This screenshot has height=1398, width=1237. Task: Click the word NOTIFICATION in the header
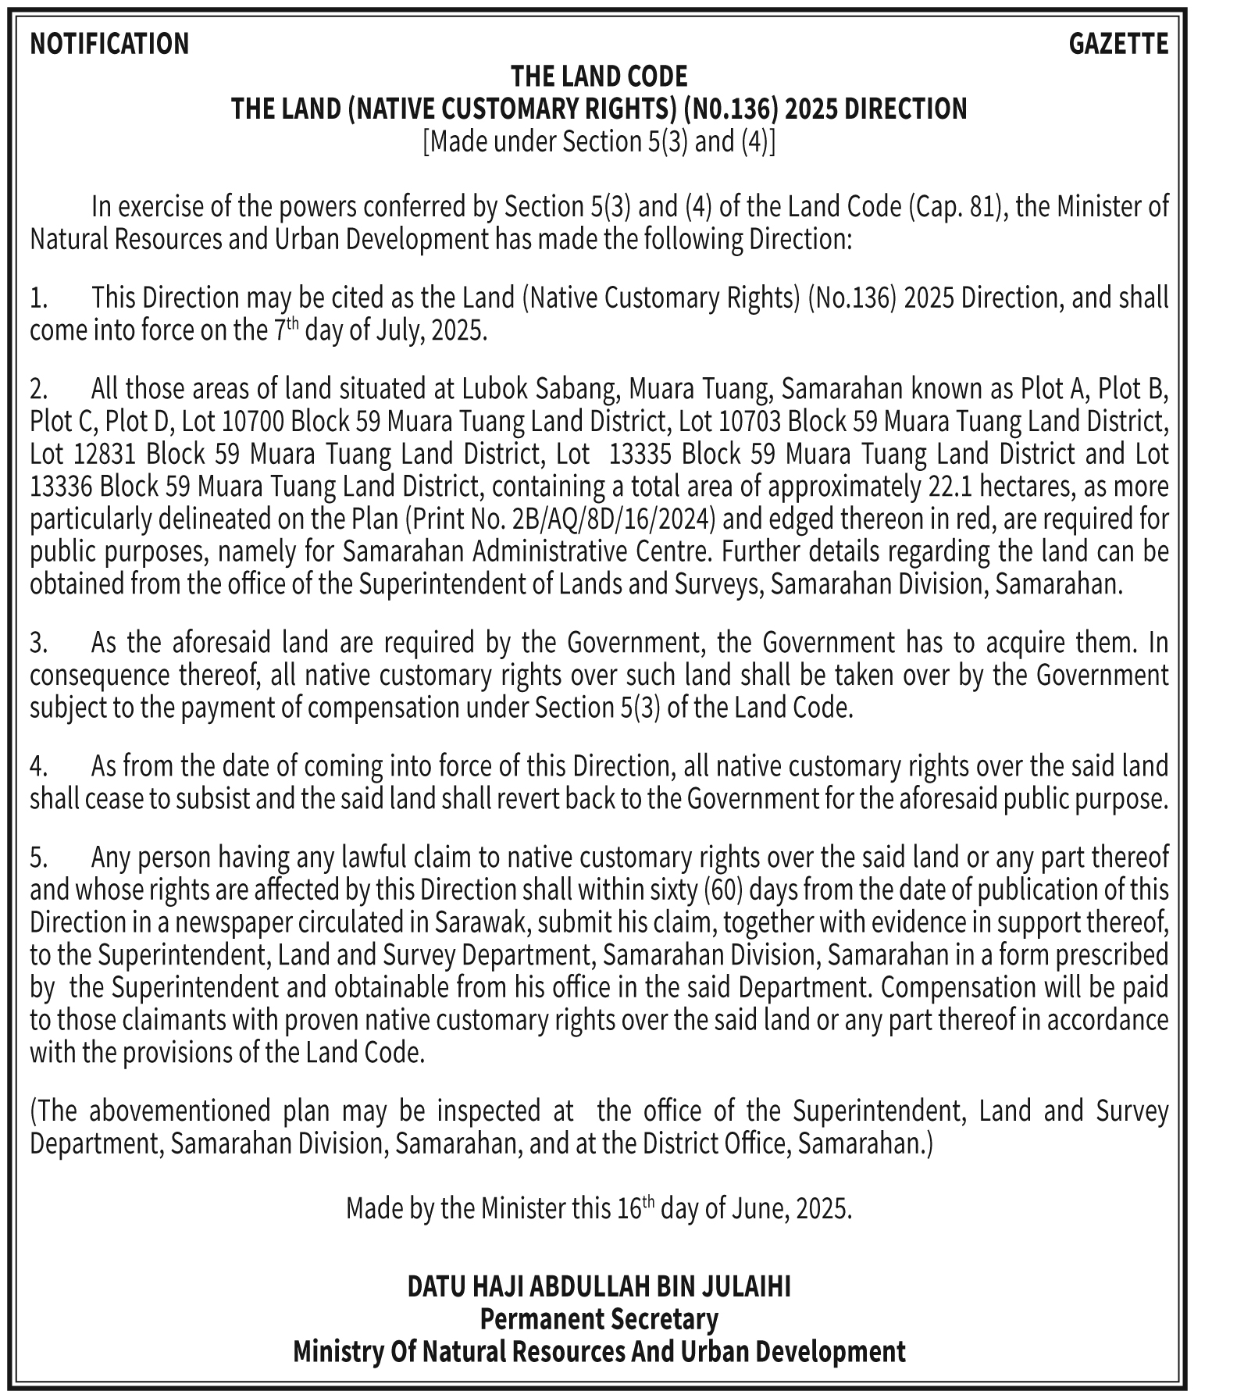(109, 44)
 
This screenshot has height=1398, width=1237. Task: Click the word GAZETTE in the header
(1118, 44)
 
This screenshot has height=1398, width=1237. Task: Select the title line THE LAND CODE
(599, 77)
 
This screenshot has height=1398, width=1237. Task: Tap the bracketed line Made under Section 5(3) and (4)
(599, 142)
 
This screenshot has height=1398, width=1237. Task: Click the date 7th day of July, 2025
(380, 330)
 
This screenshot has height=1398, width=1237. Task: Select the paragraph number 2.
(39, 388)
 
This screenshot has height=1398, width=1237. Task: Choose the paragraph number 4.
(39, 766)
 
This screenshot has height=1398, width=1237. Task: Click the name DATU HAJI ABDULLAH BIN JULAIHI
(599, 1286)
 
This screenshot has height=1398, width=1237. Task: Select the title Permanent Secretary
(599, 1319)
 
